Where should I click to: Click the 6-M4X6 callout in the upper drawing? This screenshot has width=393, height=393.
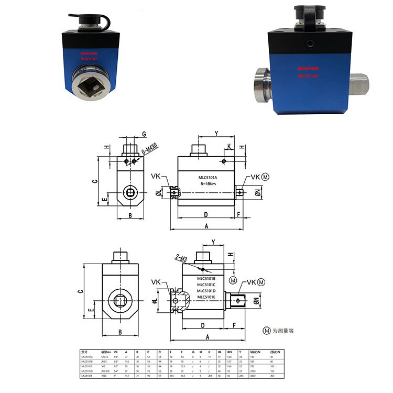coord(150,152)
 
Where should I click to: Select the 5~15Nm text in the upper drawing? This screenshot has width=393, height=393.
coord(210,184)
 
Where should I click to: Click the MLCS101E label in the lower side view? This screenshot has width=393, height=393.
coord(210,297)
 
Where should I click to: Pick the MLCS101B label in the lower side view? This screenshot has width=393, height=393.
coord(210,278)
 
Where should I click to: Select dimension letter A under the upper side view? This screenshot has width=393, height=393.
coord(206,226)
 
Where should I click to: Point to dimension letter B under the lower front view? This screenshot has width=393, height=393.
coord(120,332)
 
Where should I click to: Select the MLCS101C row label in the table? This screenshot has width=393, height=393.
coord(87,365)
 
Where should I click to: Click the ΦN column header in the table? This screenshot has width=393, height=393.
coord(229,351)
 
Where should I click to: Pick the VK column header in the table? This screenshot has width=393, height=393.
coord(115,351)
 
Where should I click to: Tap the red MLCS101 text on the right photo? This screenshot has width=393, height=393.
coord(308,76)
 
